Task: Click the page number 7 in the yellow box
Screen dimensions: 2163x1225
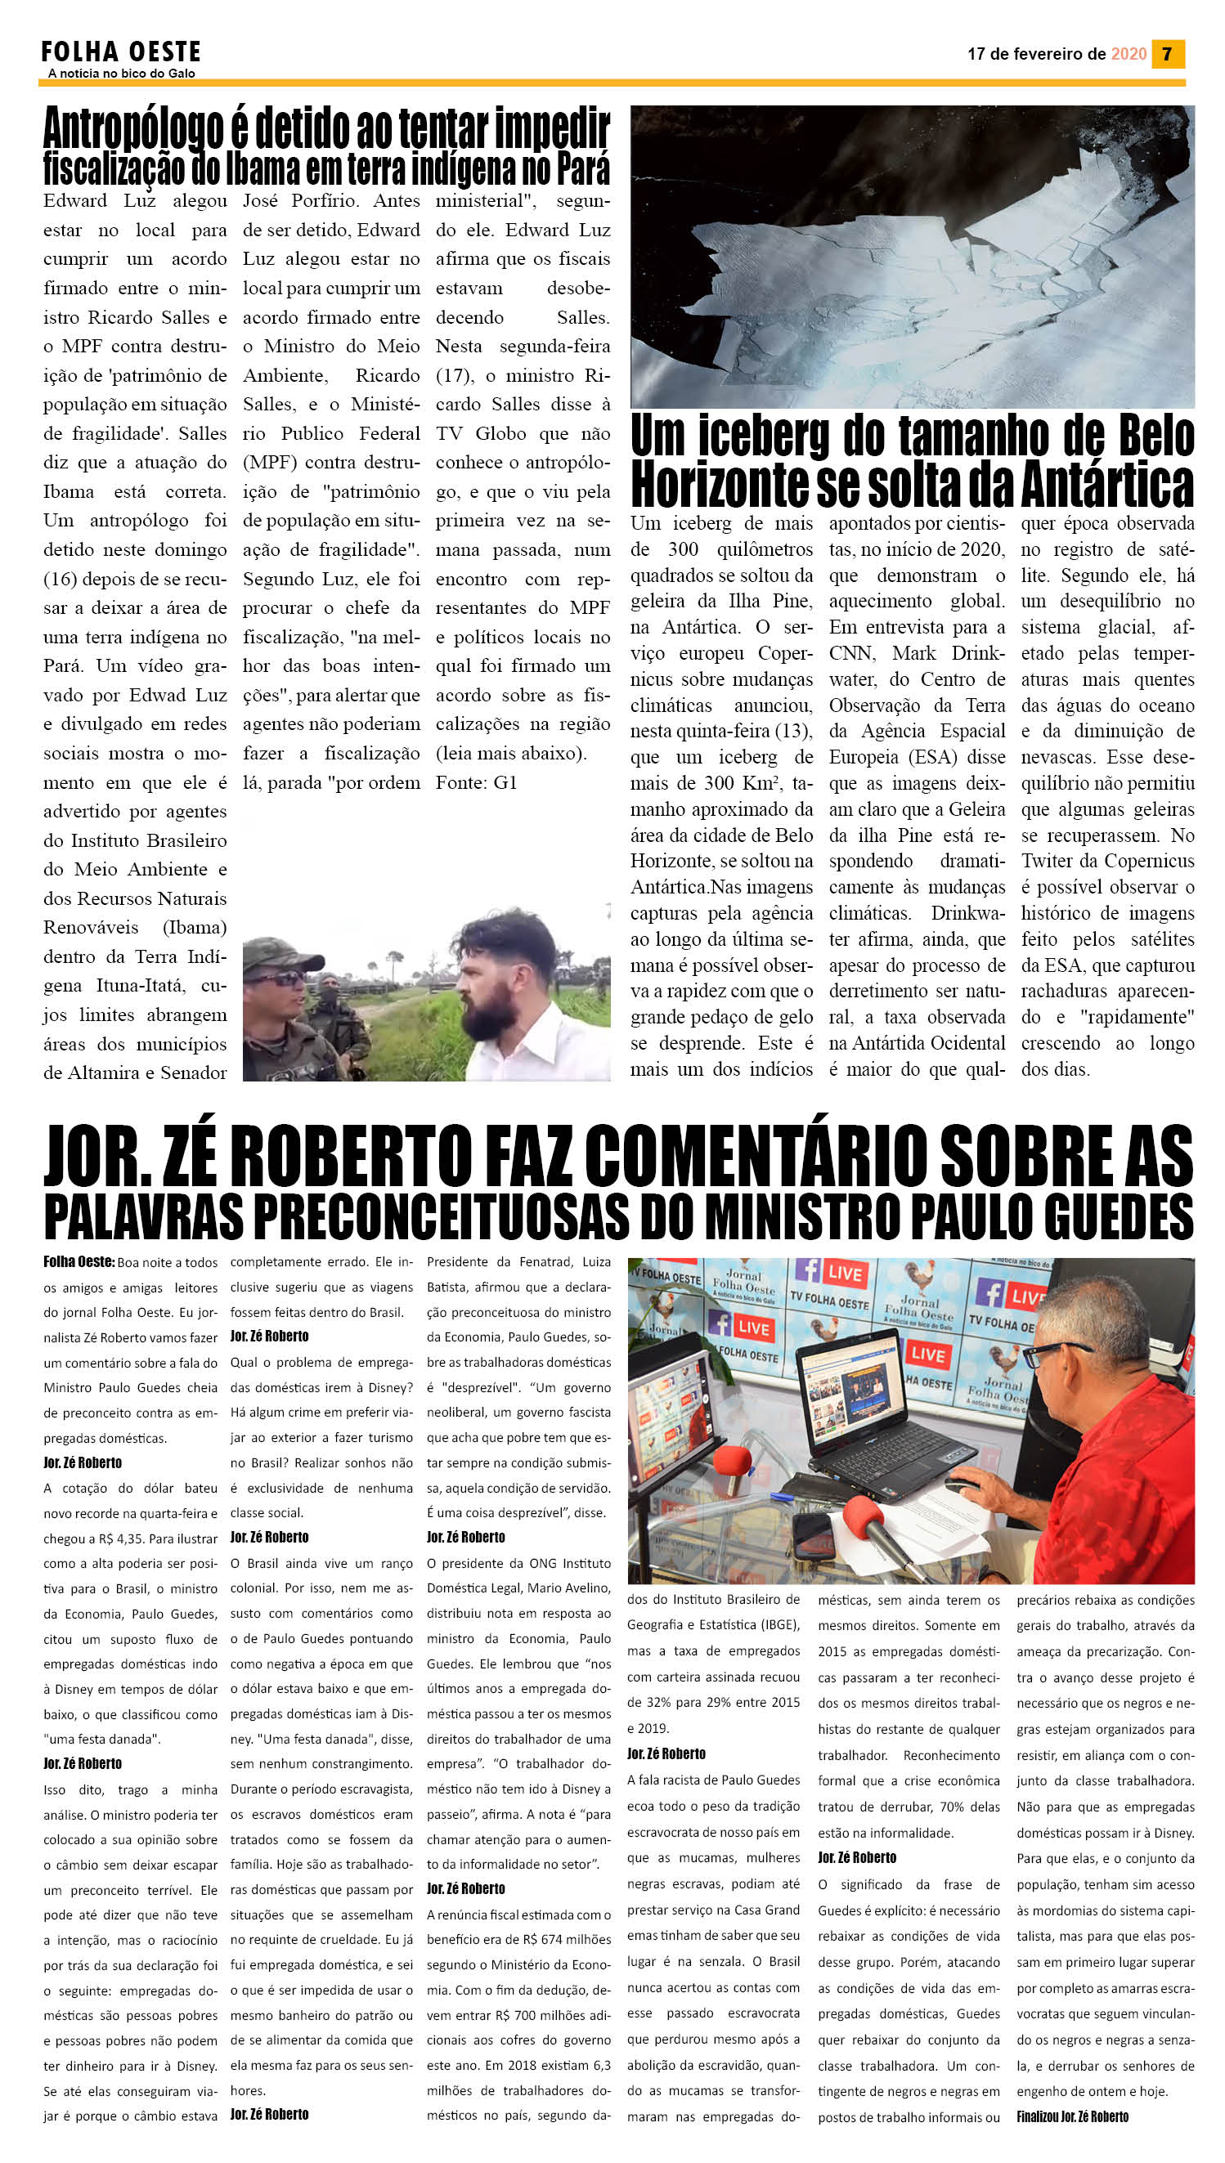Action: [x=1167, y=54]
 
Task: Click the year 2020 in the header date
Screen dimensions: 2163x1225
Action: [x=1129, y=54]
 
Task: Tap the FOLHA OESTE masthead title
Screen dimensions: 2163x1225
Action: [x=121, y=52]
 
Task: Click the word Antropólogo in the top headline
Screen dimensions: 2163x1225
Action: [x=133, y=129]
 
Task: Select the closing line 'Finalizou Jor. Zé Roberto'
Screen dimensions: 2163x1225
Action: [x=1072, y=2116]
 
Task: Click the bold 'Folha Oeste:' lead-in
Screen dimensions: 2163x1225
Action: [x=79, y=1261]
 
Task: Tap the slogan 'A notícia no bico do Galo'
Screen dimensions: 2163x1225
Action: [x=121, y=74]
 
